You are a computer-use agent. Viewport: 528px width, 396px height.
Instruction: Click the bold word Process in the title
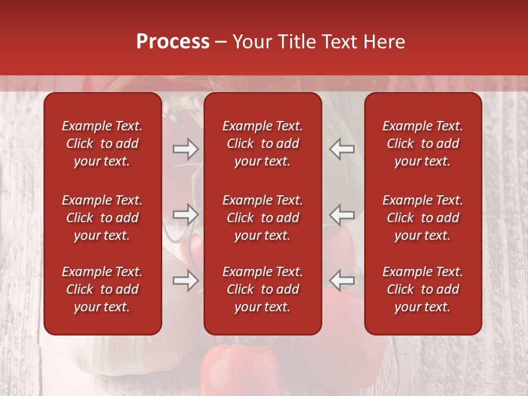coord(173,42)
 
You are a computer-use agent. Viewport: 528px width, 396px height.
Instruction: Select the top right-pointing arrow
coord(185,148)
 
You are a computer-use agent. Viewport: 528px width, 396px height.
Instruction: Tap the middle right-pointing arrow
coord(185,215)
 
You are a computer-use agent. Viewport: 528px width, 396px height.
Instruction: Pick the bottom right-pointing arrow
coord(185,281)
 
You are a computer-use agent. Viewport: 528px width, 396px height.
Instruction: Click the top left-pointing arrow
coord(342,148)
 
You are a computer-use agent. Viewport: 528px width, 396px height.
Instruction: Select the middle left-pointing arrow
coord(342,215)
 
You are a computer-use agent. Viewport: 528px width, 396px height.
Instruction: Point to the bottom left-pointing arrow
coord(342,281)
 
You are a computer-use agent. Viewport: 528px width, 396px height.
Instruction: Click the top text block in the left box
coord(102,144)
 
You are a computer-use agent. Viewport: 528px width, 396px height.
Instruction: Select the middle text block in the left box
coord(102,218)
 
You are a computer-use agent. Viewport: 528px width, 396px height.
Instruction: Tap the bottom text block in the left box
coord(102,289)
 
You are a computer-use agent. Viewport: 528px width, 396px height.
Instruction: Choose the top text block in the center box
coord(262,144)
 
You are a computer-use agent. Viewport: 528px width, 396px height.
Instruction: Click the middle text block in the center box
coord(262,218)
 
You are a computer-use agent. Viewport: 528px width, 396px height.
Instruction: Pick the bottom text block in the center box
coord(262,289)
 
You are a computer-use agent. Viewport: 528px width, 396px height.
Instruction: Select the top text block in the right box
coord(422,144)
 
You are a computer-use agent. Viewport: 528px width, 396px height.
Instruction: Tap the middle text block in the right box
coord(422,218)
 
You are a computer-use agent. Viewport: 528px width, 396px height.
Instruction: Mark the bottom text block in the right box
coord(422,289)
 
